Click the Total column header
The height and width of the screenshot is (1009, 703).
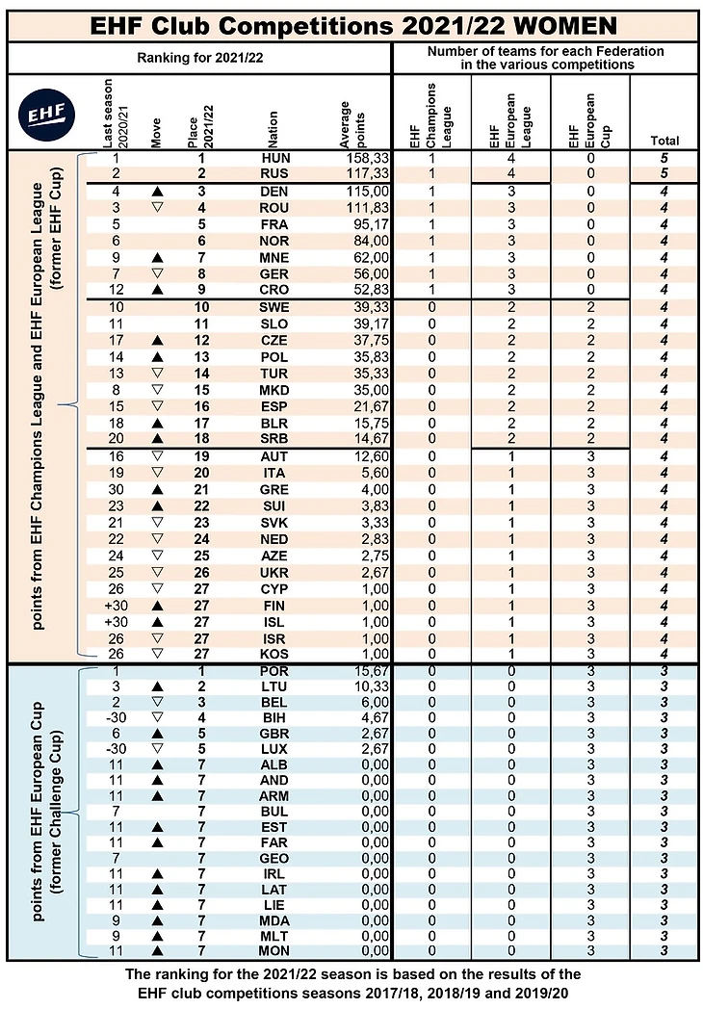[x=664, y=140]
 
